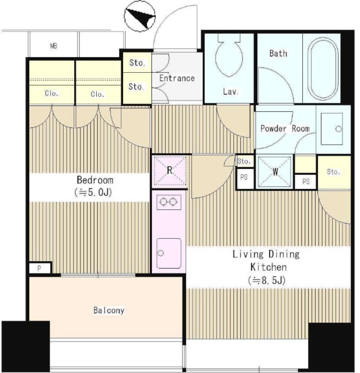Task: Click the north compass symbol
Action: [x=140, y=16]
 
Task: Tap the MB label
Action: [x=54, y=45]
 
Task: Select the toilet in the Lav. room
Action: [x=229, y=55]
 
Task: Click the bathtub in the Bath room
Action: [x=323, y=69]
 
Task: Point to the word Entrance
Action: [x=177, y=78]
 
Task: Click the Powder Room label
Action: [x=285, y=129]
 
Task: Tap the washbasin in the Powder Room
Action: [x=332, y=129]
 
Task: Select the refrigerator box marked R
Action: [x=169, y=171]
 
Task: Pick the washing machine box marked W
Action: [x=275, y=171]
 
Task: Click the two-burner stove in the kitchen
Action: [x=169, y=202]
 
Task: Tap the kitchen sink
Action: [x=169, y=253]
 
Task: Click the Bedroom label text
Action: [x=95, y=180]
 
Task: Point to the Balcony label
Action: [x=109, y=310]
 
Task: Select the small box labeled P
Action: [x=40, y=268]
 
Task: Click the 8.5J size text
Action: [x=267, y=281]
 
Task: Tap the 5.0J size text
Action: [x=93, y=192]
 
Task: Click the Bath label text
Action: [x=278, y=53]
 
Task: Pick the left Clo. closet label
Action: [x=51, y=93]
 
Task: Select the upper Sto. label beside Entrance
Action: [x=137, y=62]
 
